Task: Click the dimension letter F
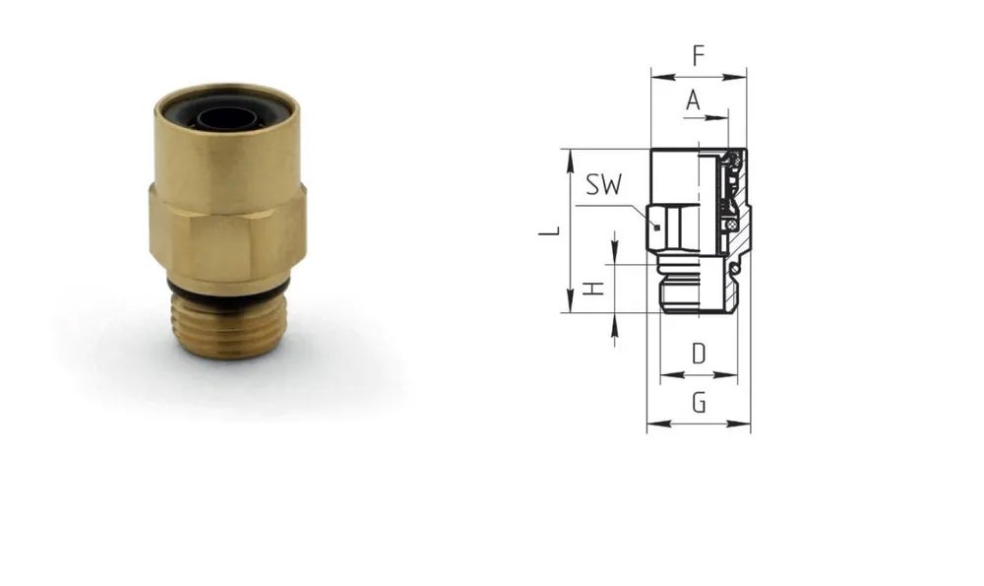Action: click(699, 55)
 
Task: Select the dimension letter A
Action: click(693, 99)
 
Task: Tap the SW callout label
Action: click(604, 184)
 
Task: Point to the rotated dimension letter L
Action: click(550, 231)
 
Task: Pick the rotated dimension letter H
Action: click(593, 289)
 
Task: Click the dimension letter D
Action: click(699, 355)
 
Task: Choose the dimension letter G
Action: click(699, 402)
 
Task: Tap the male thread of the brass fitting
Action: click(228, 327)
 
